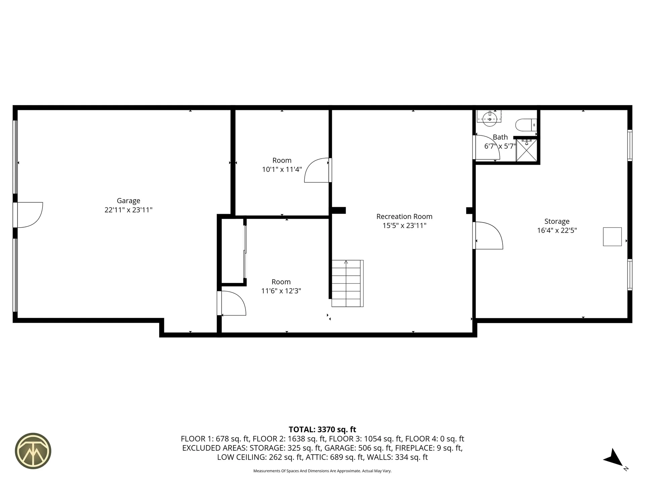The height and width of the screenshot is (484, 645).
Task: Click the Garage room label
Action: pos(128,201)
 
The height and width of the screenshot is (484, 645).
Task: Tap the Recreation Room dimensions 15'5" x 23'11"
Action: pos(404,226)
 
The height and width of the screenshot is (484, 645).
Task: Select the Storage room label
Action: pos(557,221)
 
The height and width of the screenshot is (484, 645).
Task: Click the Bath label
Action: pos(500,137)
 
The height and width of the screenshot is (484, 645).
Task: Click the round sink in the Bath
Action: pos(489,118)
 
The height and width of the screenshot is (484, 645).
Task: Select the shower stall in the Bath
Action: pos(526,150)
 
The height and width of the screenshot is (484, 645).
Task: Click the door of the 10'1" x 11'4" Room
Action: pos(316,170)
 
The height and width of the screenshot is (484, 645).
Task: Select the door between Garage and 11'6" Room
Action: pos(233,303)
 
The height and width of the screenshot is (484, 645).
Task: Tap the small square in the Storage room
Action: pos(612,237)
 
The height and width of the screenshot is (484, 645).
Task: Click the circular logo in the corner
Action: pos(33,450)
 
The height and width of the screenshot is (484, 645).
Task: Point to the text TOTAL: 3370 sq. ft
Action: pos(322,430)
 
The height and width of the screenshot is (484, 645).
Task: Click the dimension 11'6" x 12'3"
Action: pos(281,291)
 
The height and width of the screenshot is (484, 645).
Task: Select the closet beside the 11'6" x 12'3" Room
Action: pos(232,250)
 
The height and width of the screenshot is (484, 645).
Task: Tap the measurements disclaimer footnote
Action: pos(322,471)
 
